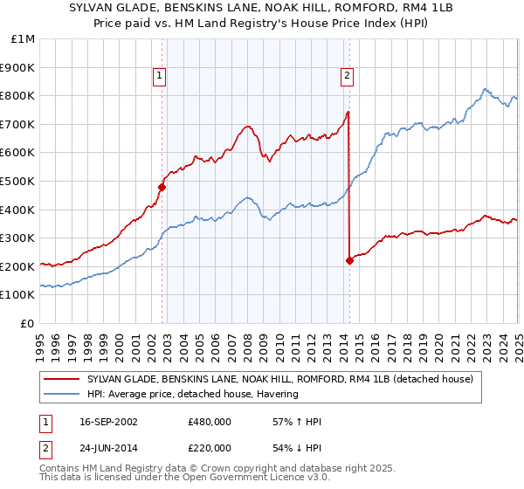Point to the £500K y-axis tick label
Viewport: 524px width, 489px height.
[19, 181]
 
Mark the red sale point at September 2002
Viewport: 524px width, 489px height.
[162, 186]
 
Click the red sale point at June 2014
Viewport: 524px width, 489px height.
[349, 260]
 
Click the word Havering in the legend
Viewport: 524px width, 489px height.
[277, 394]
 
